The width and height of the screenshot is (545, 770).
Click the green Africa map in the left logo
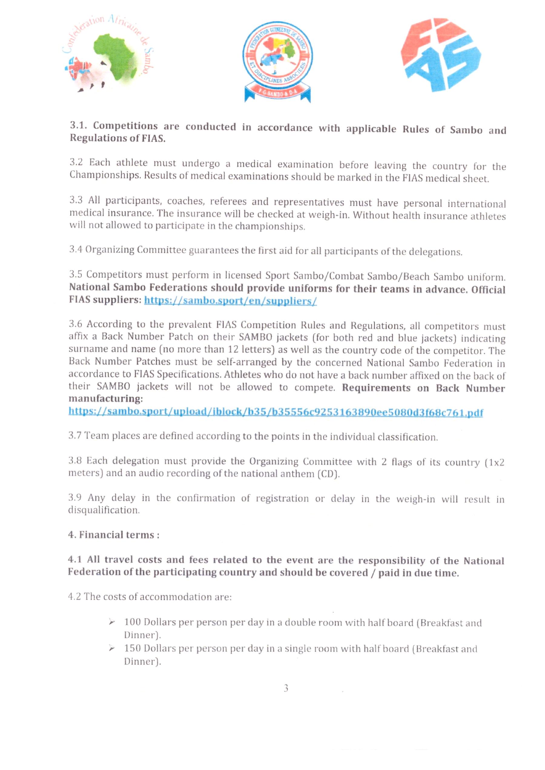pos(117,57)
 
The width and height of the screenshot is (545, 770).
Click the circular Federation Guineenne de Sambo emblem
pos(278,61)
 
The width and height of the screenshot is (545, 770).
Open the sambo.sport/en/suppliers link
pos(230,301)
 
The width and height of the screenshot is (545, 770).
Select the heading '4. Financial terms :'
pos(114,535)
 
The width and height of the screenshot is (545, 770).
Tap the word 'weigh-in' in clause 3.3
pos(329,215)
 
